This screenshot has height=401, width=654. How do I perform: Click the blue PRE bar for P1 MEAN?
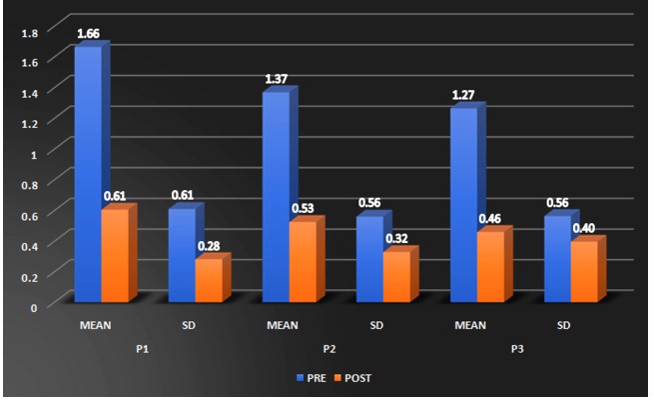coord(88,174)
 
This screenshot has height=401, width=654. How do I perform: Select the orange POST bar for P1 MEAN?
coord(115,255)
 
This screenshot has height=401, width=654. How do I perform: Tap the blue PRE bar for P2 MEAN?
coord(277,197)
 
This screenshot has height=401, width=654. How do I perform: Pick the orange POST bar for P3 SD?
coord(584,272)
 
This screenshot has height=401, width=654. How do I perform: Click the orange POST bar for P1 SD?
coord(209,280)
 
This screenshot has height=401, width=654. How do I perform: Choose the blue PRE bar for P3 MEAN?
coord(464,205)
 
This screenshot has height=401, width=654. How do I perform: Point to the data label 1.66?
coord(89,33)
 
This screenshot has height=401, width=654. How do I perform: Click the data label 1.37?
coord(277,79)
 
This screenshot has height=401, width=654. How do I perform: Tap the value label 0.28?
coord(209,246)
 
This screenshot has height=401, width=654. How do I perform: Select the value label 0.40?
coord(584,228)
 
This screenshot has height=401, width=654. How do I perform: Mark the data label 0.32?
coord(396,239)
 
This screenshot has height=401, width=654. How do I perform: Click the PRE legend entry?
coord(312,378)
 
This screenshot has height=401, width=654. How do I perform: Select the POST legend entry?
coord(352,378)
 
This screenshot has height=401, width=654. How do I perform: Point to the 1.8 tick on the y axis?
coord(30,33)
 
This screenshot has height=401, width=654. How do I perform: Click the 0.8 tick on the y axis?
coord(30,185)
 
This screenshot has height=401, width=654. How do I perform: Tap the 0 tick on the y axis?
coord(34,308)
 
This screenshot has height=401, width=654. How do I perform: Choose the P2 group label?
coord(329,349)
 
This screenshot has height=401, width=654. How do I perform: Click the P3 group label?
coord(517,349)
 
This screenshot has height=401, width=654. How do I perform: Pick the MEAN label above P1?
coord(96,325)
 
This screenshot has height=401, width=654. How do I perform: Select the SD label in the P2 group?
coord(376,325)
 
